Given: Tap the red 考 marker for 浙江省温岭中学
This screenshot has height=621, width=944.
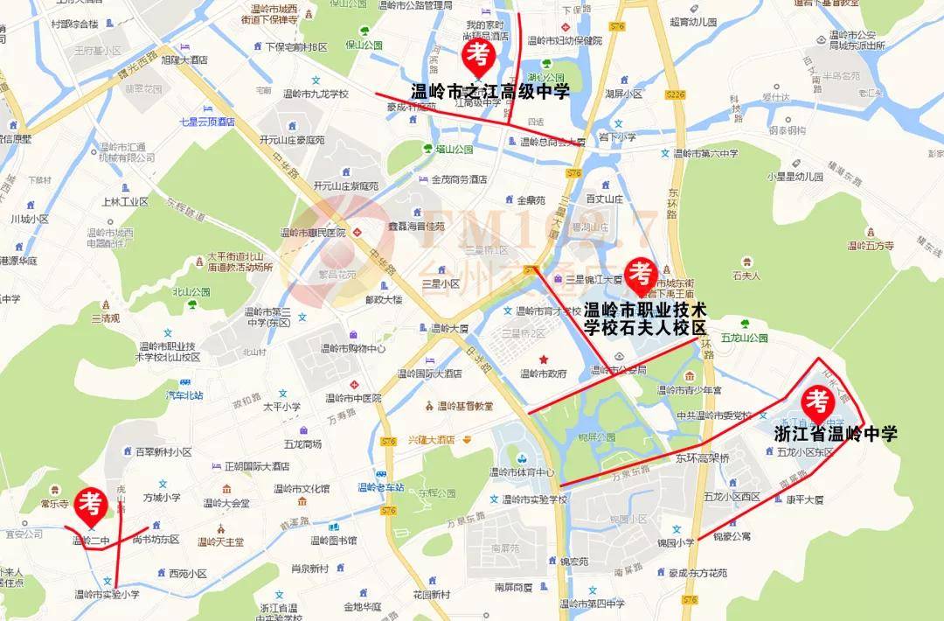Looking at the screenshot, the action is (x=817, y=402).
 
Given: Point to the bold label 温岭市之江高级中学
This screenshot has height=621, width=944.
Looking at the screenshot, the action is (x=489, y=91).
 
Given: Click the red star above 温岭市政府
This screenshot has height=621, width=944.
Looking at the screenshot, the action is (x=544, y=359).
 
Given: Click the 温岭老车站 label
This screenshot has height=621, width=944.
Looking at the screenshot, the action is (x=381, y=487).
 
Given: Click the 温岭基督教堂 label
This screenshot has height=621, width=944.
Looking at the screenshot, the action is (x=465, y=406).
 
